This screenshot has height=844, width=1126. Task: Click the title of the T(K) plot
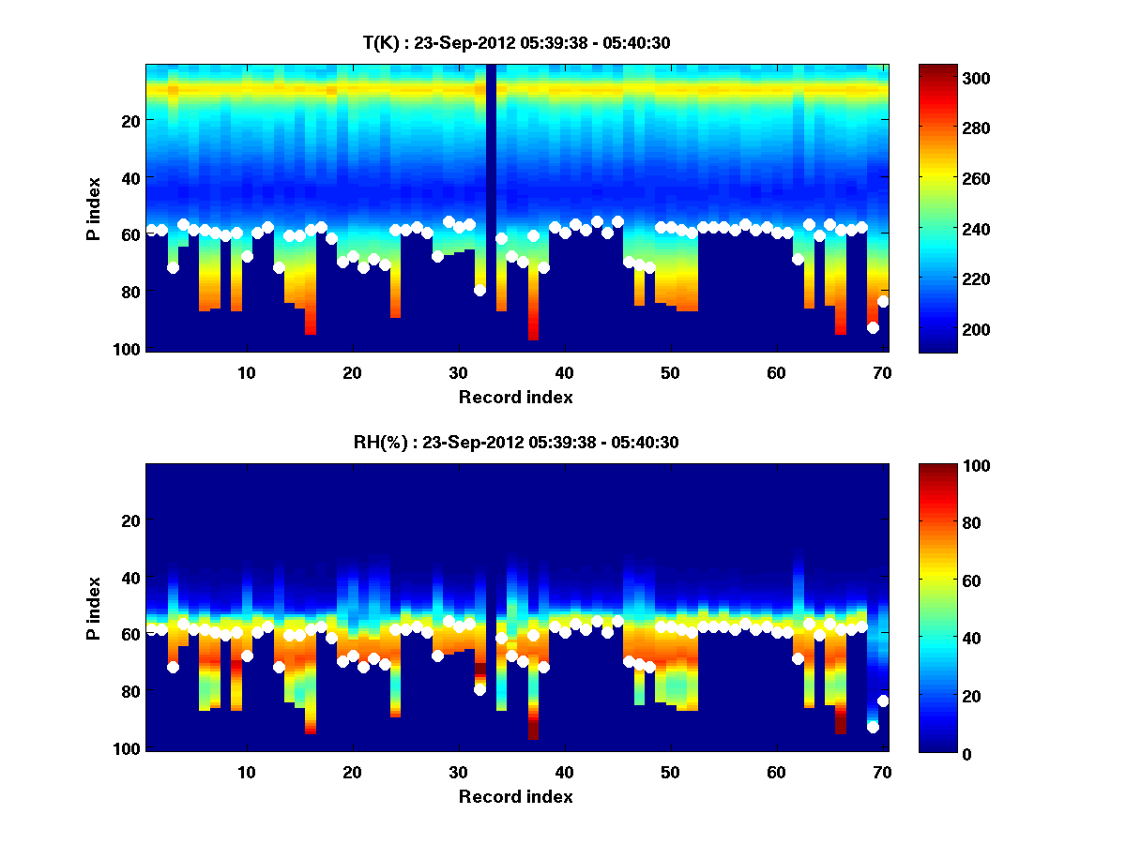coord(516,42)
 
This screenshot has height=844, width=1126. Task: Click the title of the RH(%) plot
coord(516,443)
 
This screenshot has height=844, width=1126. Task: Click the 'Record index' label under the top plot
coord(516,397)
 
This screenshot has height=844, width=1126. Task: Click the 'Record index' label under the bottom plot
coord(516,796)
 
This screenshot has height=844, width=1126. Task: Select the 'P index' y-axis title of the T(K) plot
coord(94,208)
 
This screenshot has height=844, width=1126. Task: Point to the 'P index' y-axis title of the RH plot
coord(94,608)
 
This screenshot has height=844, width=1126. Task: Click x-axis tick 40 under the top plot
coord(564,372)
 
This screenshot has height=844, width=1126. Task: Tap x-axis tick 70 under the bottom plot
coord(882,772)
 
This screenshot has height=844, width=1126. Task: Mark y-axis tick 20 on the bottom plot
coord(130,520)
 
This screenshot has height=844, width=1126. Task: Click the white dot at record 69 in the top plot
coord(873,327)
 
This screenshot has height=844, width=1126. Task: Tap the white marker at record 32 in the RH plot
coord(479,689)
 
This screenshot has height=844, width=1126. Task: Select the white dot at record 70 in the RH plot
coord(883,701)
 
